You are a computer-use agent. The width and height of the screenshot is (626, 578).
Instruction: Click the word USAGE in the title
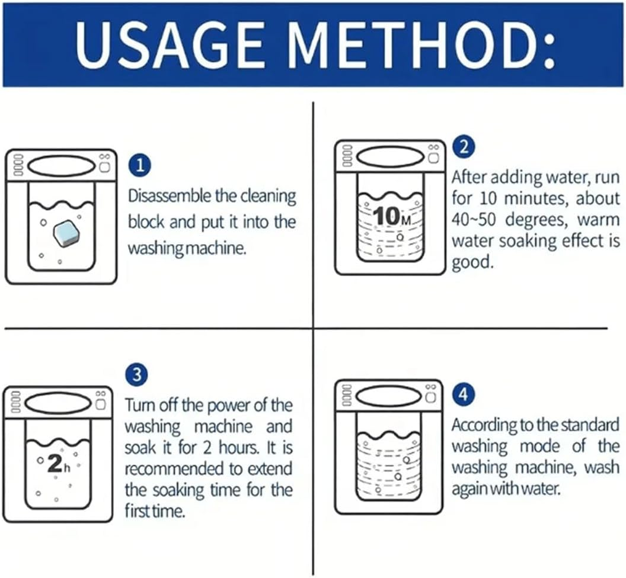[x=170, y=44]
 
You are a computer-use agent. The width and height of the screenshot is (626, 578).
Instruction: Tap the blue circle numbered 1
[x=140, y=166]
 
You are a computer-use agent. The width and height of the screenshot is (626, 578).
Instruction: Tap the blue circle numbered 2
[x=464, y=147]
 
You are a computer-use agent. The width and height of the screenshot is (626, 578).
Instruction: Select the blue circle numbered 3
[x=136, y=375]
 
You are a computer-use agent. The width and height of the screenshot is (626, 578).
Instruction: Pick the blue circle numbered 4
[x=463, y=395]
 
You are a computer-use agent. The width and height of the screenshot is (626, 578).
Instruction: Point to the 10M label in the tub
[x=393, y=216]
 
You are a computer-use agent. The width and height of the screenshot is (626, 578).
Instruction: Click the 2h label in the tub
[x=58, y=465]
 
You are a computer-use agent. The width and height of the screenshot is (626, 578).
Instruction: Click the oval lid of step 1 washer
[x=60, y=165]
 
